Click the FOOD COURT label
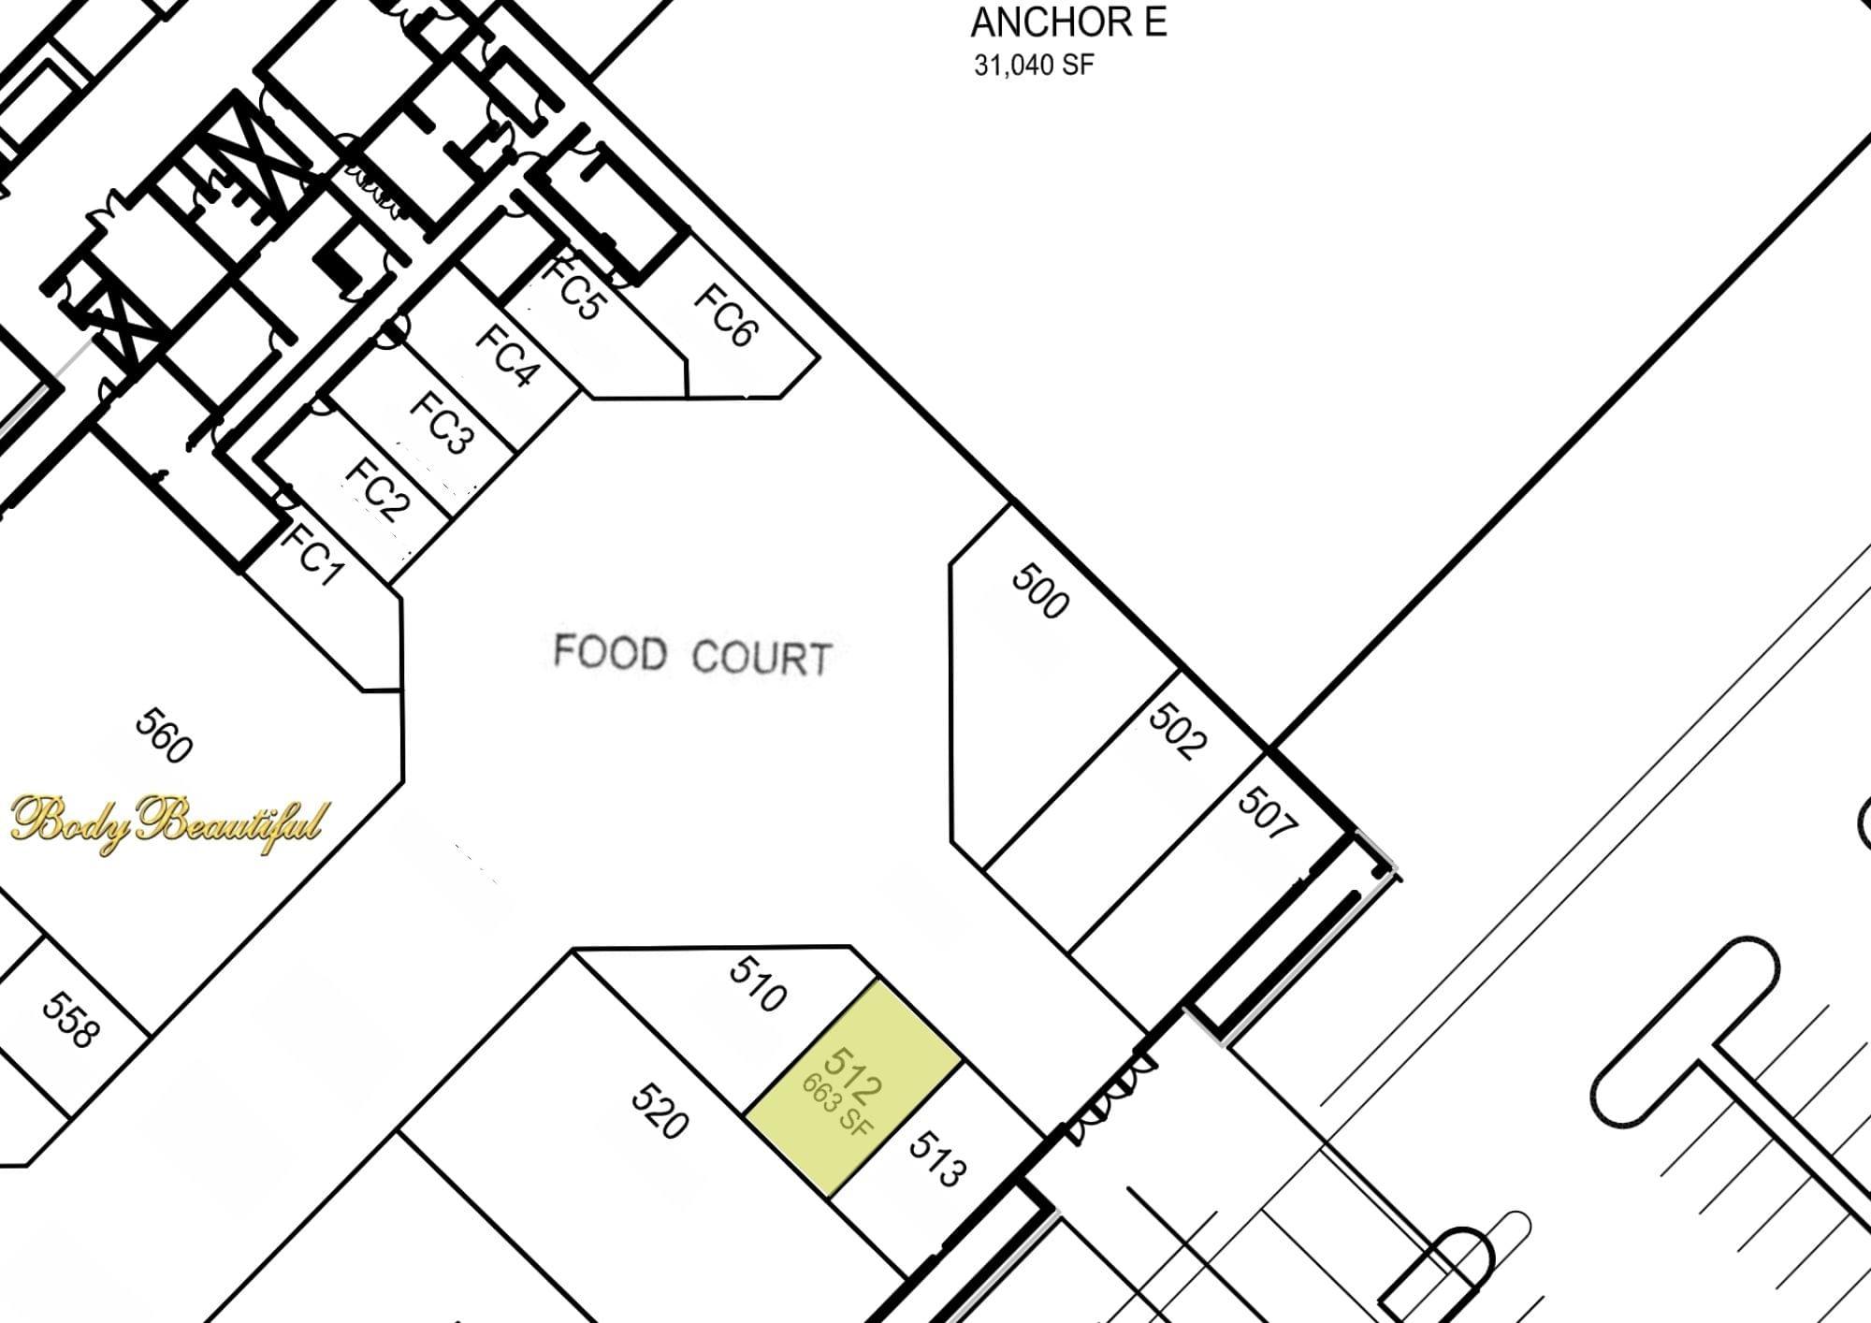(x=692, y=654)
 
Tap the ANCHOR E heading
(x=1069, y=22)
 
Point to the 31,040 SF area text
(x=1034, y=65)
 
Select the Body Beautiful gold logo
(x=169, y=824)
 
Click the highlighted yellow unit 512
(x=853, y=1087)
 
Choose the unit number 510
(x=758, y=984)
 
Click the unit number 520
(x=660, y=1111)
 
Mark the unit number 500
(x=1040, y=590)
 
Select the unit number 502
(x=1178, y=731)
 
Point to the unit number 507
(x=1268, y=812)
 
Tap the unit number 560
(x=165, y=735)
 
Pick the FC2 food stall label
(x=378, y=489)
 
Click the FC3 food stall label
(x=442, y=422)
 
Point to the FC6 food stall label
(x=726, y=315)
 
